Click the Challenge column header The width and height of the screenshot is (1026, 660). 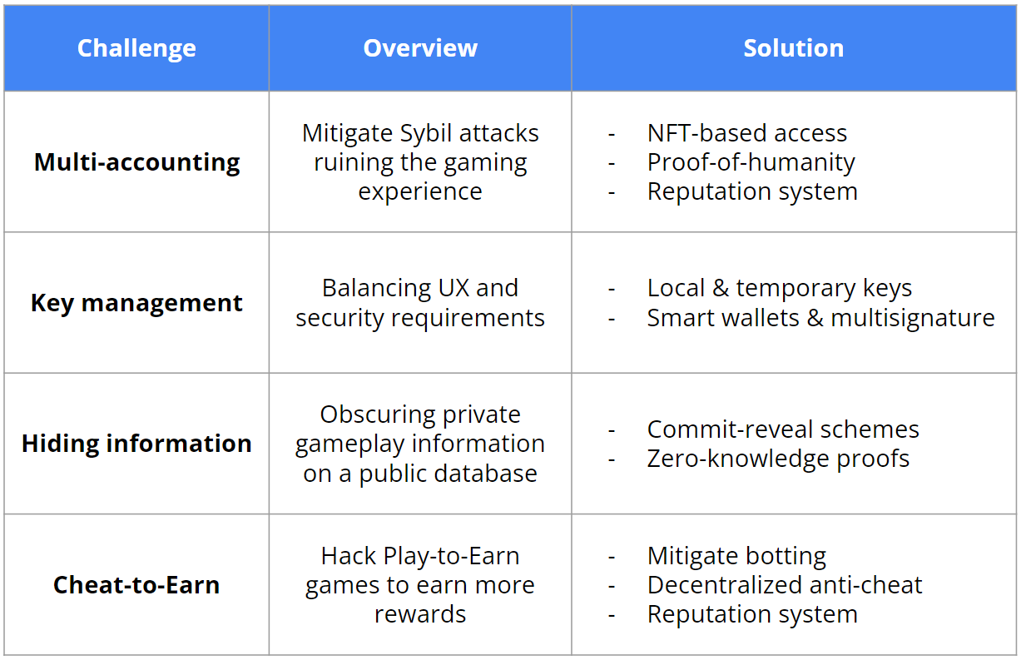point(136,48)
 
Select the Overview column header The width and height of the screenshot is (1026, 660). point(420,47)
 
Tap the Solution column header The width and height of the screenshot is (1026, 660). point(793,47)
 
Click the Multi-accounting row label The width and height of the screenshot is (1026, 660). point(136,162)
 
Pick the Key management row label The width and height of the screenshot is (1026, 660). point(136,303)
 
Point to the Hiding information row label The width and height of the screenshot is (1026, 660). point(136,444)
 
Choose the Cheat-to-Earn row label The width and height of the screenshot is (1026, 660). point(136,585)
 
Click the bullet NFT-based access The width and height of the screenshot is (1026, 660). point(746,133)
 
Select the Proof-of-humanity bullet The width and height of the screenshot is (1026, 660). point(751,163)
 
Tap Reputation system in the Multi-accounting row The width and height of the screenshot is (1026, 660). point(752,192)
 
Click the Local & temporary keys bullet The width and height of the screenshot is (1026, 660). point(779,289)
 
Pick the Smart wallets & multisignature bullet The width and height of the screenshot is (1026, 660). point(820,318)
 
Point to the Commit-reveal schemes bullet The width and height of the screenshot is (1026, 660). point(783,429)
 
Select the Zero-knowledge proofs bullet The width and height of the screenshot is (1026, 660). point(778,459)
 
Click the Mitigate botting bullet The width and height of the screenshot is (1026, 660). point(736,557)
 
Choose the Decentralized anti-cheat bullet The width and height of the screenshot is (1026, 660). point(785,585)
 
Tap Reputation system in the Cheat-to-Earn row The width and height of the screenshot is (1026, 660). point(752,615)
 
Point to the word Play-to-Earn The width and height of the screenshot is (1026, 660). point(451,557)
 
